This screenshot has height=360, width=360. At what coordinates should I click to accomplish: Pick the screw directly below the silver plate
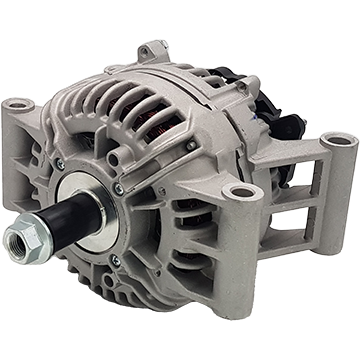[114, 262]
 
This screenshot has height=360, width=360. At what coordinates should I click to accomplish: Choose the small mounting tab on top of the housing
[152, 50]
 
